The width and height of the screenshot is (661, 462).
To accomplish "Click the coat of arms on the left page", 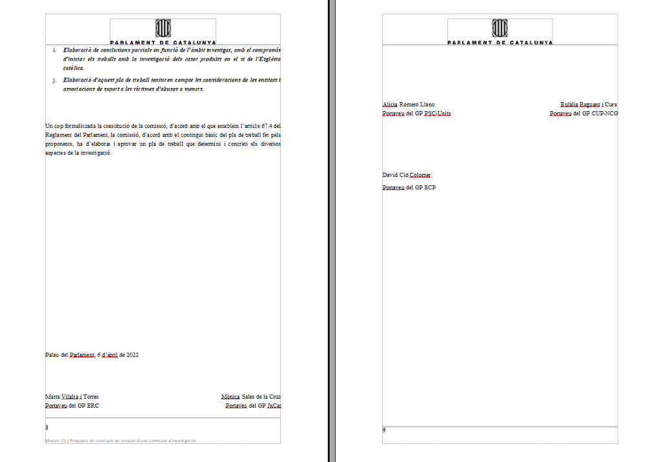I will (x=163, y=28).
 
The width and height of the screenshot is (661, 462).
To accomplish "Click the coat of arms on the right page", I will (x=500, y=28).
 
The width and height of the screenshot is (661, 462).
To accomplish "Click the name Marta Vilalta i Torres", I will (x=72, y=397).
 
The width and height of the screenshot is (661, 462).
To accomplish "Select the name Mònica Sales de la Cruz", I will (x=250, y=397).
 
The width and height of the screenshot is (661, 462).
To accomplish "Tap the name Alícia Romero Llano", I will (x=409, y=104).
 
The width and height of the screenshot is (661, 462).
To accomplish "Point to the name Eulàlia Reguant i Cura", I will (x=589, y=104).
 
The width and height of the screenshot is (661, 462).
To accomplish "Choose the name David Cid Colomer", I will (x=407, y=175).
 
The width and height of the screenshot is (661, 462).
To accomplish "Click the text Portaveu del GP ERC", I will (x=72, y=406).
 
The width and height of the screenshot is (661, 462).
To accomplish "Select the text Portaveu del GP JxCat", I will (x=253, y=406).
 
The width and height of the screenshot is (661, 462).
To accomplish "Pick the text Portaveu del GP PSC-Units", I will (x=416, y=114).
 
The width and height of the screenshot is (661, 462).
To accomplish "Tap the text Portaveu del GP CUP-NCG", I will (x=584, y=114).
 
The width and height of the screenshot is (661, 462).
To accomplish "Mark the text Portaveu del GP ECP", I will (x=409, y=188).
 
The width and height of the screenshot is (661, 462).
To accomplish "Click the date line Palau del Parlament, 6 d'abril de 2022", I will (x=92, y=355).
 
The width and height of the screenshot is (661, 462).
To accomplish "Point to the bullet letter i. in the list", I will (x=55, y=49).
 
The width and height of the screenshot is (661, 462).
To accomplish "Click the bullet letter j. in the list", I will (x=55, y=80).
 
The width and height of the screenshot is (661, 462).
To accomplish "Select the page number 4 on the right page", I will (x=384, y=430).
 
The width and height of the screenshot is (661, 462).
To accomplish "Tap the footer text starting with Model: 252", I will (x=121, y=441).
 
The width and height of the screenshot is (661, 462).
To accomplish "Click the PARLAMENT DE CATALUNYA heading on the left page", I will (x=163, y=42).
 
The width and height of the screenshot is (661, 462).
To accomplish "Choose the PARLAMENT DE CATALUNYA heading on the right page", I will (x=500, y=42).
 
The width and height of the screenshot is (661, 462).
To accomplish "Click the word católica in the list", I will (x=73, y=67).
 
